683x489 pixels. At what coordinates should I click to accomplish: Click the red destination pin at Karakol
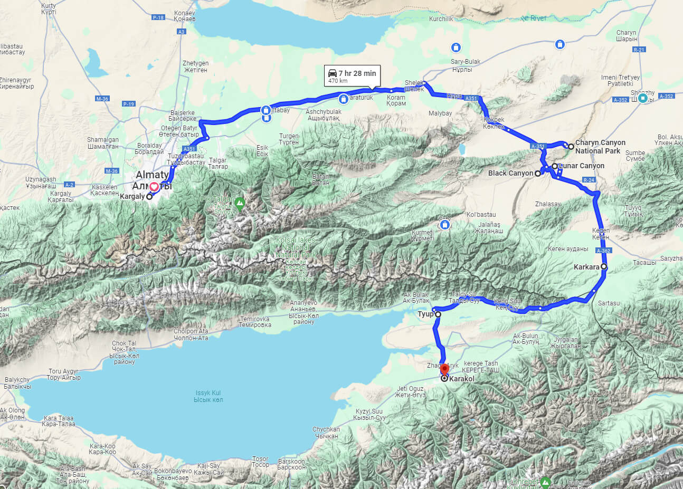point(444,369)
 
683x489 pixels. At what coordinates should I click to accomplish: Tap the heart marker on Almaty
point(154,186)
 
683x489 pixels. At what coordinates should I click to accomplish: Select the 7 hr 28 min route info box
point(352,76)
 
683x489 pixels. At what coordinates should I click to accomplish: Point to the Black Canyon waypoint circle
point(538,173)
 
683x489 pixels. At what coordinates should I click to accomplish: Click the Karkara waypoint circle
point(604,267)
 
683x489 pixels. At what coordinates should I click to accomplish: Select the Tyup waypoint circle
point(438,314)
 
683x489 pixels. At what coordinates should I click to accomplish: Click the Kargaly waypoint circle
point(149,197)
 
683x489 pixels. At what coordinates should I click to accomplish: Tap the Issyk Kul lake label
point(208,396)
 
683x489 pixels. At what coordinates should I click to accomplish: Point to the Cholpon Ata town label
point(191,334)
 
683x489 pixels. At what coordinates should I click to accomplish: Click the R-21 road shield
point(639,50)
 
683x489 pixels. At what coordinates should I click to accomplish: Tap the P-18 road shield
point(158,17)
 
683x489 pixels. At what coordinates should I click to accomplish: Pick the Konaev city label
point(185,16)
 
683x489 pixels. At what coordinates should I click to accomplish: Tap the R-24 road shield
point(589,180)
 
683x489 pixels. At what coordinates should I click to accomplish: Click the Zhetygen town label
point(195,66)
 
